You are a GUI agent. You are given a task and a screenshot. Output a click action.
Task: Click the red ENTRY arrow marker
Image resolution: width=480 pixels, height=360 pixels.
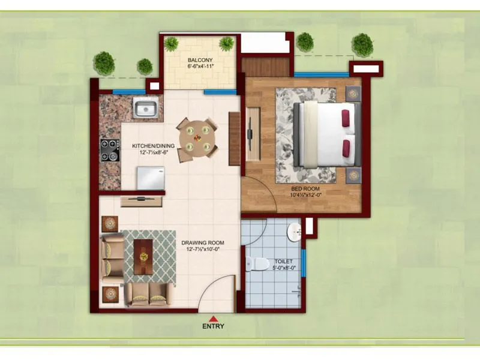[x=213, y=319]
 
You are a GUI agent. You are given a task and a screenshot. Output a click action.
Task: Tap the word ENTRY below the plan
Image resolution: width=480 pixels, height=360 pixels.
[x=213, y=327]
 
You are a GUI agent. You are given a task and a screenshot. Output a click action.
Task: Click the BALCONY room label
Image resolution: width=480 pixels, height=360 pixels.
[x=198, y=60]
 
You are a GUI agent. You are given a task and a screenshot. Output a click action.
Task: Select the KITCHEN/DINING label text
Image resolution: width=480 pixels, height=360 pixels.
[x=154, y=145]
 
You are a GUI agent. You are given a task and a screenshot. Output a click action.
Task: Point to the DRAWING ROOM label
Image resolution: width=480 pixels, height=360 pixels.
[x=202, y=242]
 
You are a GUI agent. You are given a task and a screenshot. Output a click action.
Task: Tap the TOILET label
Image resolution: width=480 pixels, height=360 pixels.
[x=283, y=262]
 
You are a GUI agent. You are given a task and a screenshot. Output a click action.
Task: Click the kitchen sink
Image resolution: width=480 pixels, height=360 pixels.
[x=146, y=109]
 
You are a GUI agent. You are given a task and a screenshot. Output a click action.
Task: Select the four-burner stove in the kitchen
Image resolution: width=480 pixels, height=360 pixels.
[x=110, y=150]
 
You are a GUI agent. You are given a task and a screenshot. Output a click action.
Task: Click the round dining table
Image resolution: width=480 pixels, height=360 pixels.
[x=197, y=137]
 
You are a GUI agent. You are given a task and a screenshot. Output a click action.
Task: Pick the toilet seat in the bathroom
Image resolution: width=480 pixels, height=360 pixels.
[x=256, y=263]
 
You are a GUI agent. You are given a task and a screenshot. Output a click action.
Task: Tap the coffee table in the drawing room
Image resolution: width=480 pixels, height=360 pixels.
[x=143, y=256]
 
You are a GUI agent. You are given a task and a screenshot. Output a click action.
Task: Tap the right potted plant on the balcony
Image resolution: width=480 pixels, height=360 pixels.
[x=226, y=43]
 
